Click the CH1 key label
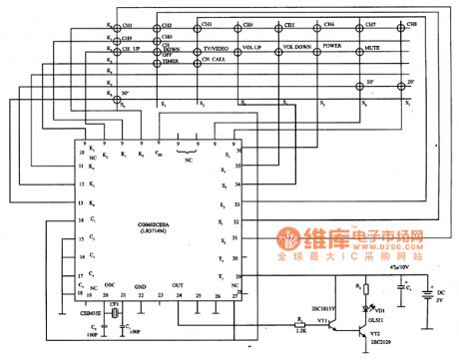[x=126, y=23]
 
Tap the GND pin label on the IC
[x=141, y=285]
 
